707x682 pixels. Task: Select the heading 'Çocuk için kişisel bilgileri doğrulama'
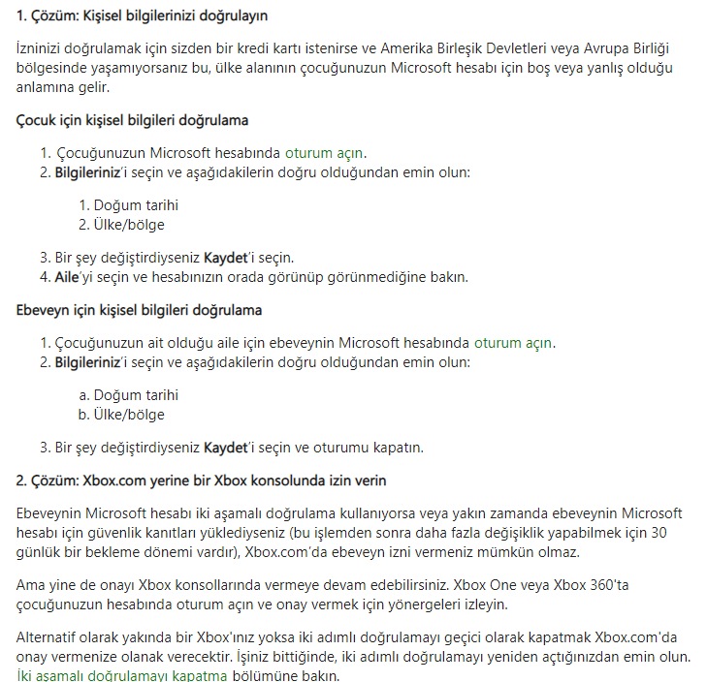click(133, 120)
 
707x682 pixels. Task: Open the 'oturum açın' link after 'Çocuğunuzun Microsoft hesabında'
click(325, 153)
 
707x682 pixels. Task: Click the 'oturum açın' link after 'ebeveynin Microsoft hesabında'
click(514, 343)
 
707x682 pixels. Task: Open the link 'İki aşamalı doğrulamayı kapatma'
click(122, 675)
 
